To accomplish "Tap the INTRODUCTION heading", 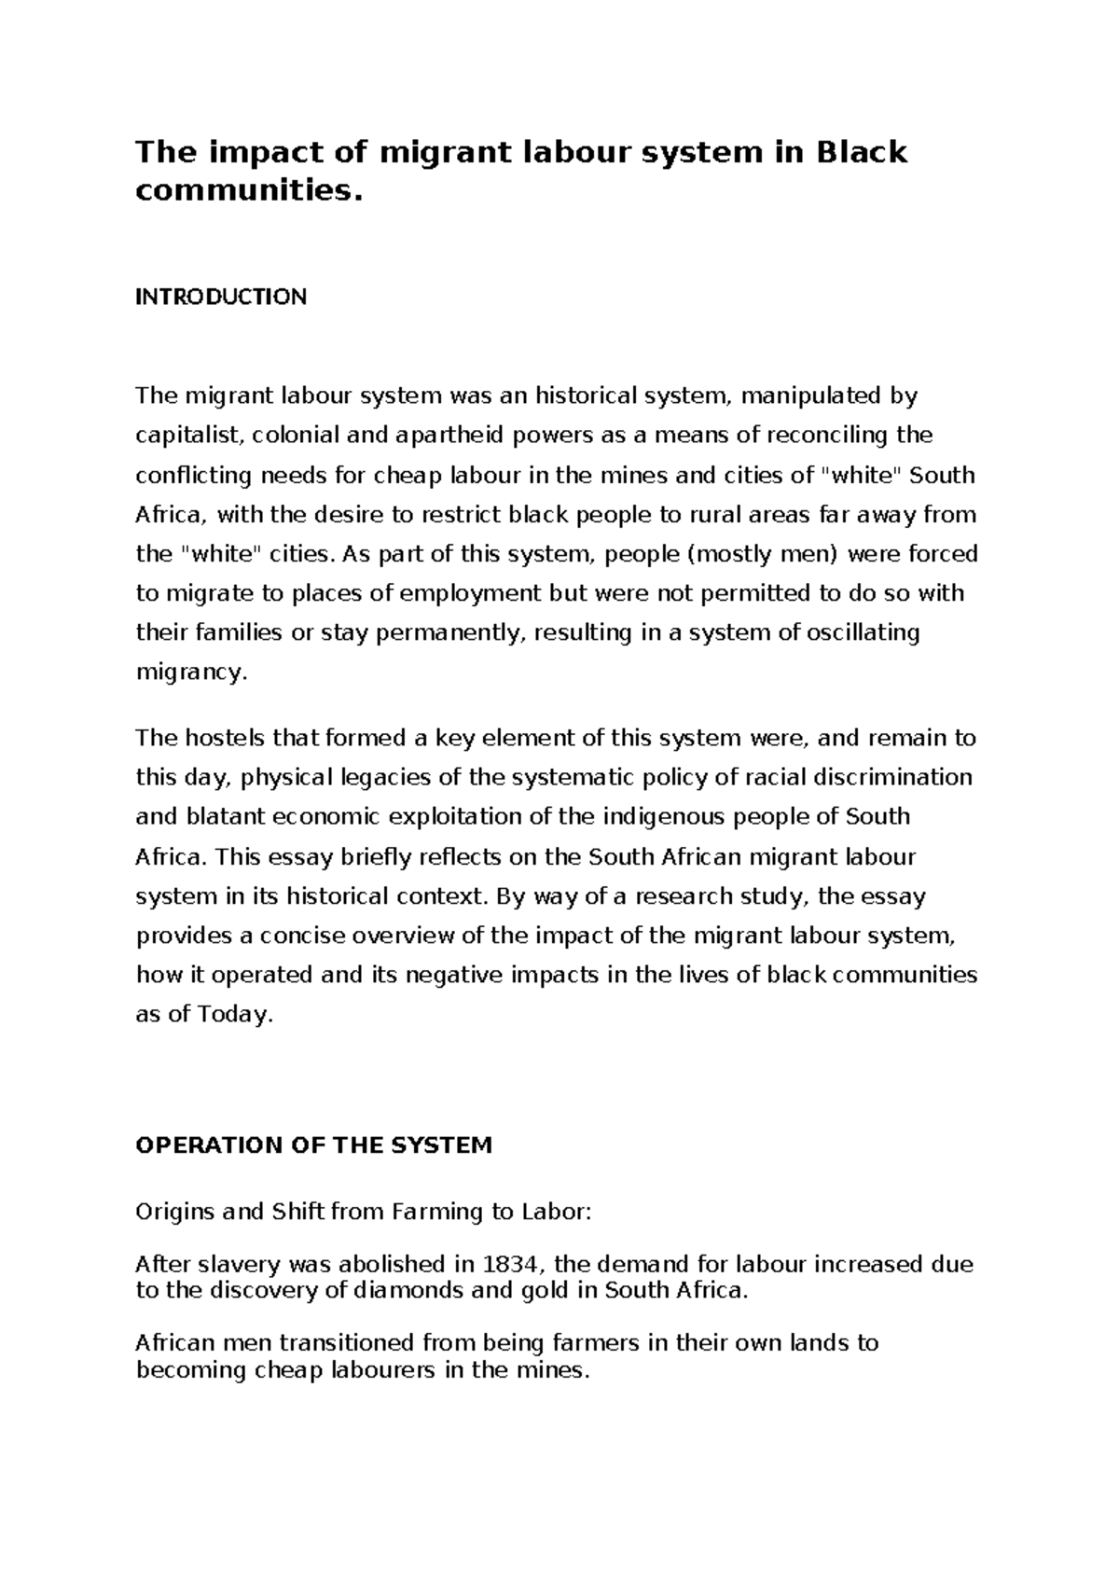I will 221,297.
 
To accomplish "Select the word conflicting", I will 193,475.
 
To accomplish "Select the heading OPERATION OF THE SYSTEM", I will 313,1145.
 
